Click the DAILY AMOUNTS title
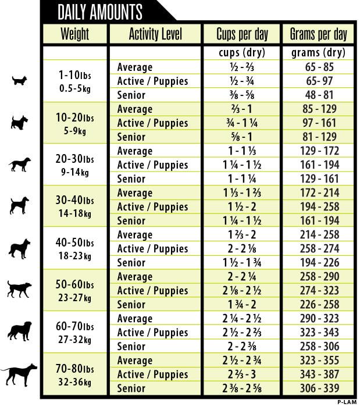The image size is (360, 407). coord(101,12)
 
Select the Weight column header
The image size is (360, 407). coord(74,34)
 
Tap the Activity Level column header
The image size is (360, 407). coord(155,34)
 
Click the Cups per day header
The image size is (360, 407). coord(241,34)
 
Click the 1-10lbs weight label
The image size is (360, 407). coord(74,75)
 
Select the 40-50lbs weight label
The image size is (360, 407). coord(74,242)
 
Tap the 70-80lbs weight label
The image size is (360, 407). coord(74,368)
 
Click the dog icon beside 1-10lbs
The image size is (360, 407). coord(20,80)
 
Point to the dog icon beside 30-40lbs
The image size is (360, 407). coord(20,206)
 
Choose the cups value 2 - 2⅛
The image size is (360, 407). coord(241,249)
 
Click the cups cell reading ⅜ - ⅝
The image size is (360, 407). coord(241,95)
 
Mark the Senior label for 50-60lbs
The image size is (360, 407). coord(131,305)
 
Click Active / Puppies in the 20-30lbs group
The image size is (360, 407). coord(152,165)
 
